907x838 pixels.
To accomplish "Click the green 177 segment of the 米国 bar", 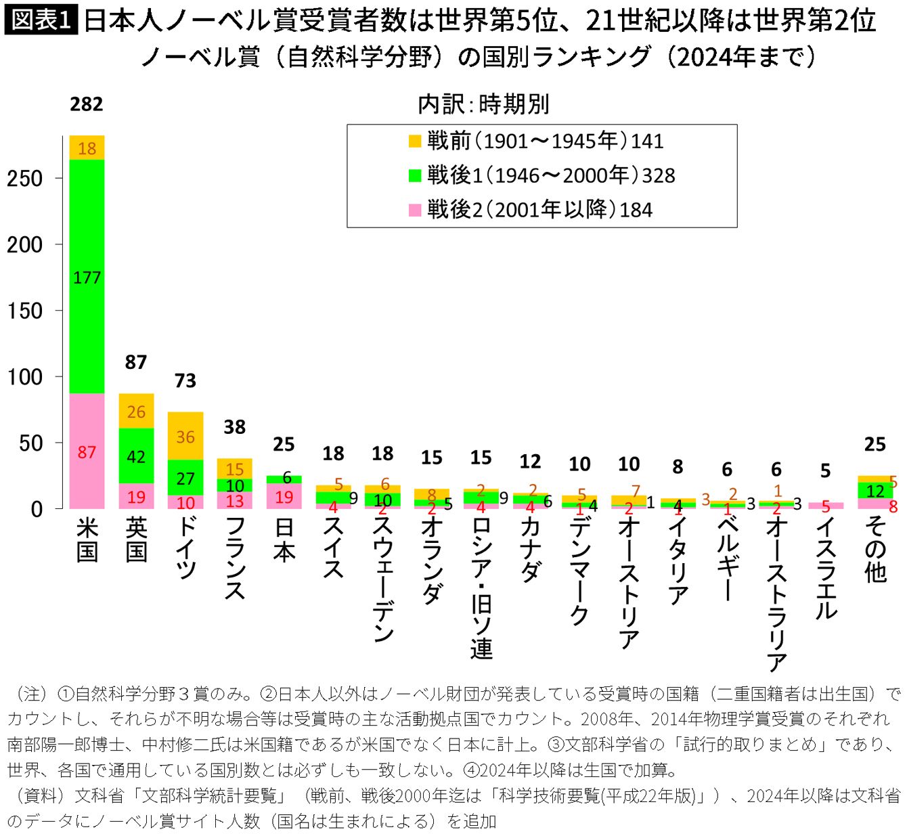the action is coord(87,276).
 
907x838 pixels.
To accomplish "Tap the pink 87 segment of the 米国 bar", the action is coord(87,451).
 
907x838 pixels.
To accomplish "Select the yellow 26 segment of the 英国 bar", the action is coord(136,411).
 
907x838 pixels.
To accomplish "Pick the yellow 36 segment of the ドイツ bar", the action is coord(185,436).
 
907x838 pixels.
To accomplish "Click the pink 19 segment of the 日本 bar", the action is coord(284,496).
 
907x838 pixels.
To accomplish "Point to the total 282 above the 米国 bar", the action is coord(87,104).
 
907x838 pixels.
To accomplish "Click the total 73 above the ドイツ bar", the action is coord(185,380).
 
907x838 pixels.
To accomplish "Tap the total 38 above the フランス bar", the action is coord(235,426).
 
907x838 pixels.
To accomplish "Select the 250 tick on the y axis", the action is coord(25,178).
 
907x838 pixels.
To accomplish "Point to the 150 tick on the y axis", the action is coord(25,311).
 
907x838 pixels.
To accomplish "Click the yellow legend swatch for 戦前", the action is coord(415,141).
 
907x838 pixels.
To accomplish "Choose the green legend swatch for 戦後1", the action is coord(415,175).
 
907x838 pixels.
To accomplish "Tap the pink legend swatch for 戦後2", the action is coord(415,211).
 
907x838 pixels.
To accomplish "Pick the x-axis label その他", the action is coord(875,550).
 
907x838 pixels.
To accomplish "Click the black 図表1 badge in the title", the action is coord(41,20).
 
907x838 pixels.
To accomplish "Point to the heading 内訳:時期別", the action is coord(483,104).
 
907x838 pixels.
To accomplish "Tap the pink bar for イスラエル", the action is coord(826,506).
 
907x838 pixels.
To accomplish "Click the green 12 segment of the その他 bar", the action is coord(875,491).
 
